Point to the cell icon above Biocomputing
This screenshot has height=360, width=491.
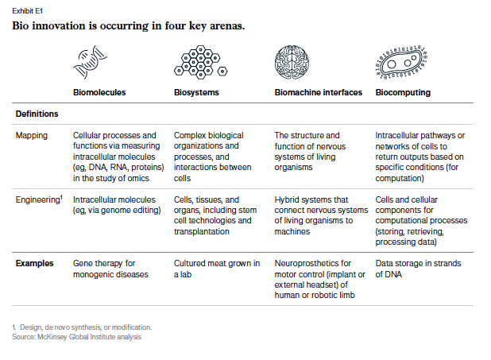400,62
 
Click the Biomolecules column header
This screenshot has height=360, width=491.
99,92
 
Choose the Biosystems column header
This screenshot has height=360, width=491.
196,92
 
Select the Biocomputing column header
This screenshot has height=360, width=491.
403,92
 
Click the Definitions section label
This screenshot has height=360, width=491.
37,114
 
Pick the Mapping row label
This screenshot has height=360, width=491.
32,135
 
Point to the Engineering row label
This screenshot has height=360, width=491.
37,199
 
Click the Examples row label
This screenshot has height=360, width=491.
35,262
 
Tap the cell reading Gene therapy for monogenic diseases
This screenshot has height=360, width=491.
110,268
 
